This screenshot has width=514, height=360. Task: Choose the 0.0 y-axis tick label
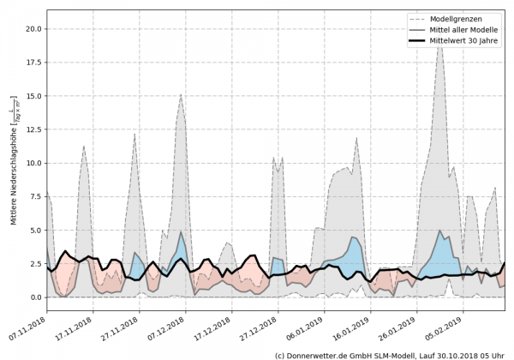pyautogui.click(x=36, y=297)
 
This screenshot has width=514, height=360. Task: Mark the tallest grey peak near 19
pyautogui.click(x=440, y=43)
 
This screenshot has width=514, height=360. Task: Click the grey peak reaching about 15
pyautogui.click(x=181, y=95)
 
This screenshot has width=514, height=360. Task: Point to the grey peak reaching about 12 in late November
pyautogui.click(x=134, y=135)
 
